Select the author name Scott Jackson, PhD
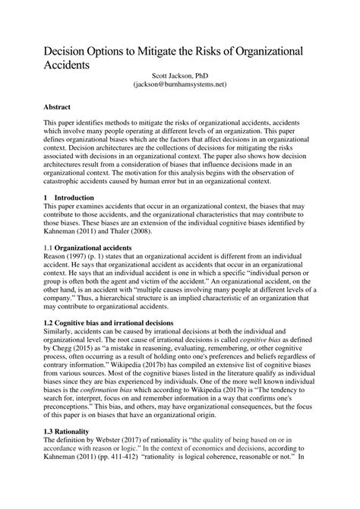point(180,77)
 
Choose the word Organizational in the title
point(256,49)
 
